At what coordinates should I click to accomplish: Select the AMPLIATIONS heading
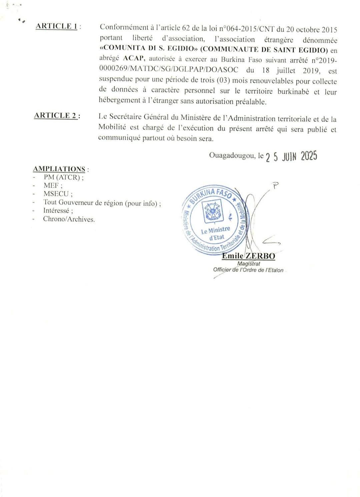pos(59,169)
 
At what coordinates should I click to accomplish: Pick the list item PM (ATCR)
pos(63,177)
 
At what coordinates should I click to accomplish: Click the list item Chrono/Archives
pos(69,219)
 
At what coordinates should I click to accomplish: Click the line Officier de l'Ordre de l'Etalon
pos(248,270)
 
